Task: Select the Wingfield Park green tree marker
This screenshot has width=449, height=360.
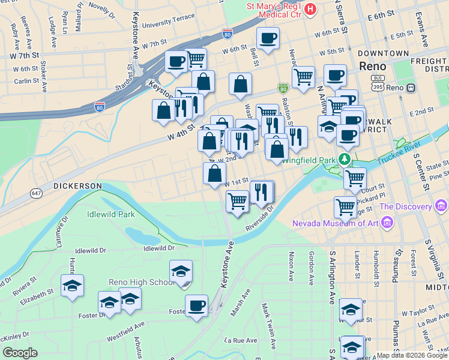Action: (x=345, y=160)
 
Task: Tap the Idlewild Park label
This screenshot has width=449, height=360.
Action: (x=110, y=214)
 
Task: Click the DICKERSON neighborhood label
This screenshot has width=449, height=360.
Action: (x=77, y=186)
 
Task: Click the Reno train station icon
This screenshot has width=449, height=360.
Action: (x=411, y=88)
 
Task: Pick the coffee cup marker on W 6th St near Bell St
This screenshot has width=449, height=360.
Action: (x=268, y=38)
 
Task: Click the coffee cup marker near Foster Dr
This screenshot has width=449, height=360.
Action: (x=196, y=306)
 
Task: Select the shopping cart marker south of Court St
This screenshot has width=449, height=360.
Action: (x=345, y=207)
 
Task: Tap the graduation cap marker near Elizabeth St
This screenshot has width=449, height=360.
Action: (x=72, y=286)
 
